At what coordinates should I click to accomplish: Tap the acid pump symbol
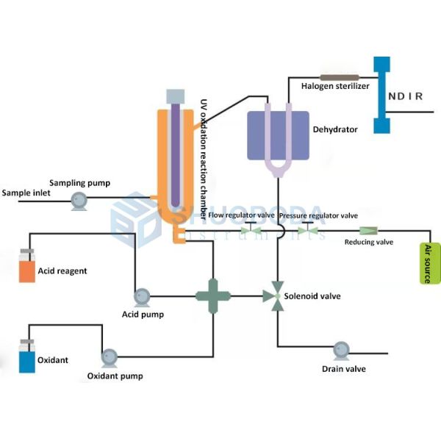click(x=142, y=297)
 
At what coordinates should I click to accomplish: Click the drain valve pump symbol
click(x=342, y=349)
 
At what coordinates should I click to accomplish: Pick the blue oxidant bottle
click(x=26, y=359)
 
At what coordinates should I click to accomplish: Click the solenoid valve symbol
click(x=277, y=296)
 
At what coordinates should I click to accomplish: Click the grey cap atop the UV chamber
click(x=176, y=96)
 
